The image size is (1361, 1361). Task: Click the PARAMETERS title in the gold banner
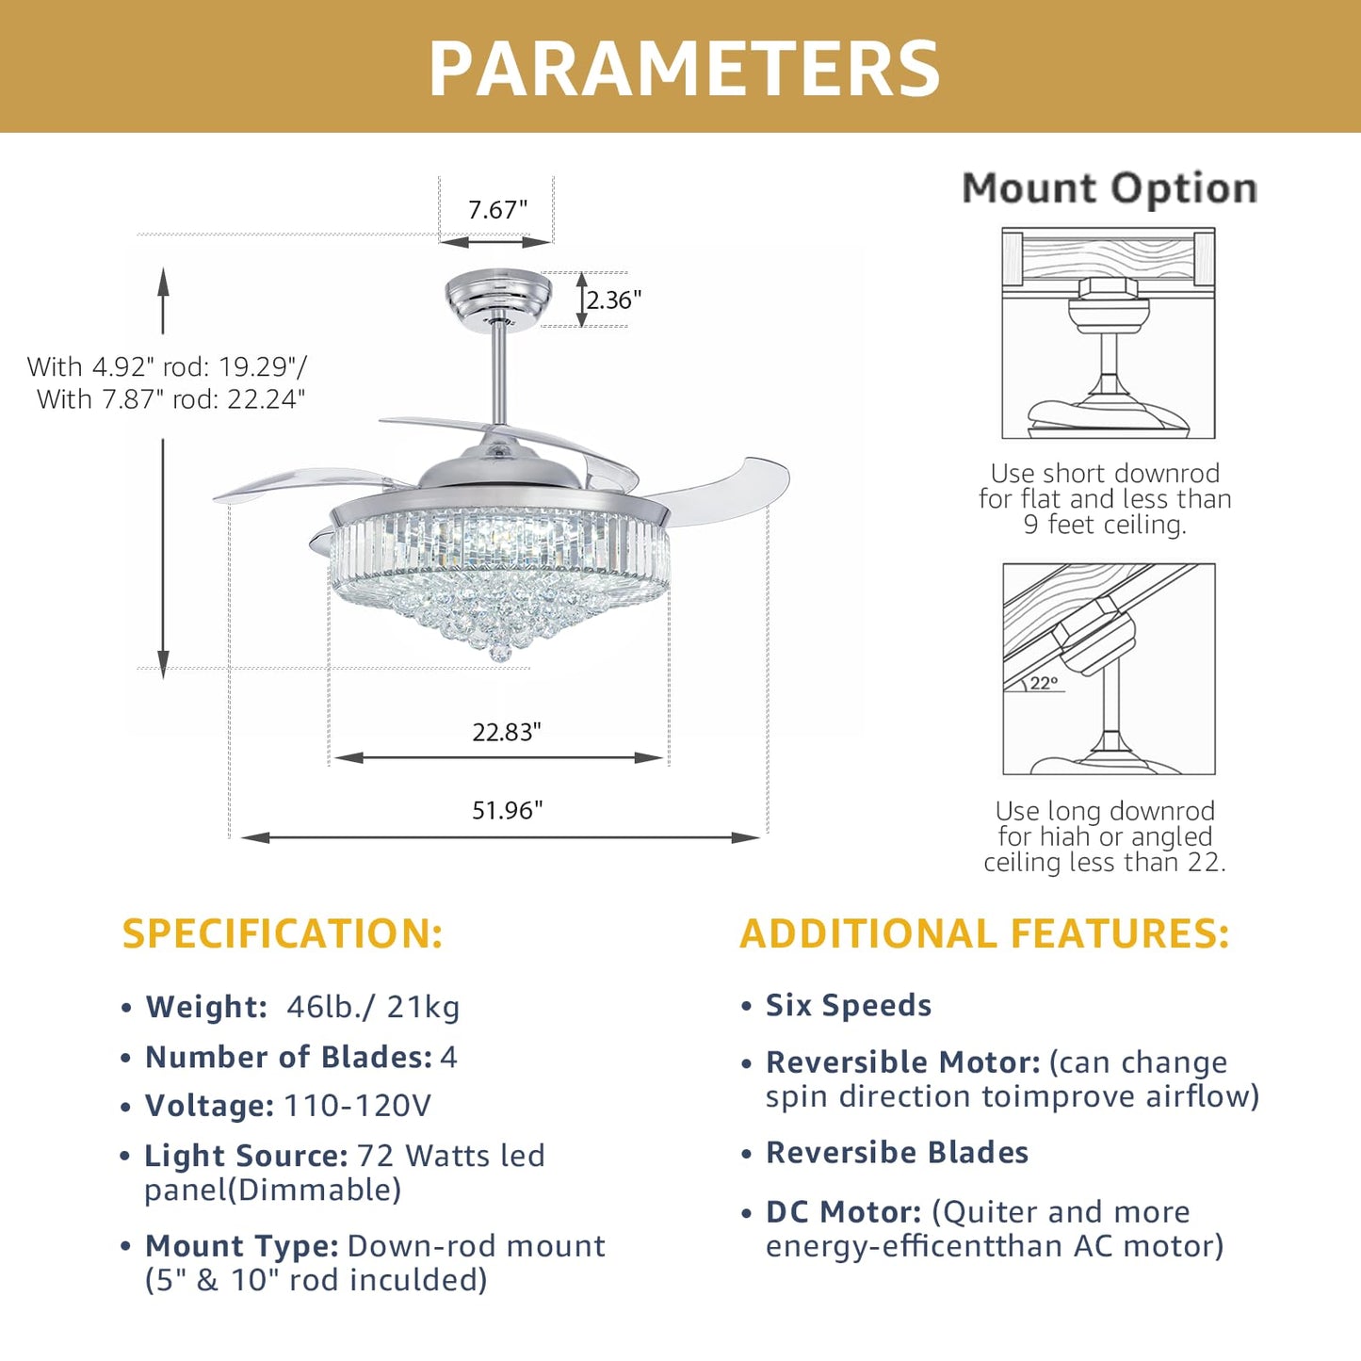click(684, 69)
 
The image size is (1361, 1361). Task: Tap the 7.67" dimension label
click(497, 210)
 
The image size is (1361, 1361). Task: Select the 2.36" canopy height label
click(613, 300)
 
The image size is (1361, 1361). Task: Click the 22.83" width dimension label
click(507, 732)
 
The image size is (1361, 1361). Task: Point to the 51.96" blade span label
click(507, 810)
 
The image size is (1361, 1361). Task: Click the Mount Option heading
click(1110, 189)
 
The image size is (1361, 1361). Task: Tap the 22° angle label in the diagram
click(1044, 683)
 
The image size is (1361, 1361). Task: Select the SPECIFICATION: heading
click(283, 933)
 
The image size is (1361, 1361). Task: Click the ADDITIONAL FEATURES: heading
click(984, 933)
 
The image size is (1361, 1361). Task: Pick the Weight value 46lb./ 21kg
click(373, 1007)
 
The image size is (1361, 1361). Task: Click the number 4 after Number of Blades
click(448, 1057)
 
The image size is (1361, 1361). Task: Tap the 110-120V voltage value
click(357, 1106)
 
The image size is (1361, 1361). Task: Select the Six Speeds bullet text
click(849, 1005)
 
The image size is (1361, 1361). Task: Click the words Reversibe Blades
click(897, 1152)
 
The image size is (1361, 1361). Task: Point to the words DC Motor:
click(844, 1212)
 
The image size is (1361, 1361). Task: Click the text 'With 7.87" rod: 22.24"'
click(170, 399)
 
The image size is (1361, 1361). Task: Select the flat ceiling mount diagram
click(1109, 332)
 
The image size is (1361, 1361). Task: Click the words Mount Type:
click(242, 1246)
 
